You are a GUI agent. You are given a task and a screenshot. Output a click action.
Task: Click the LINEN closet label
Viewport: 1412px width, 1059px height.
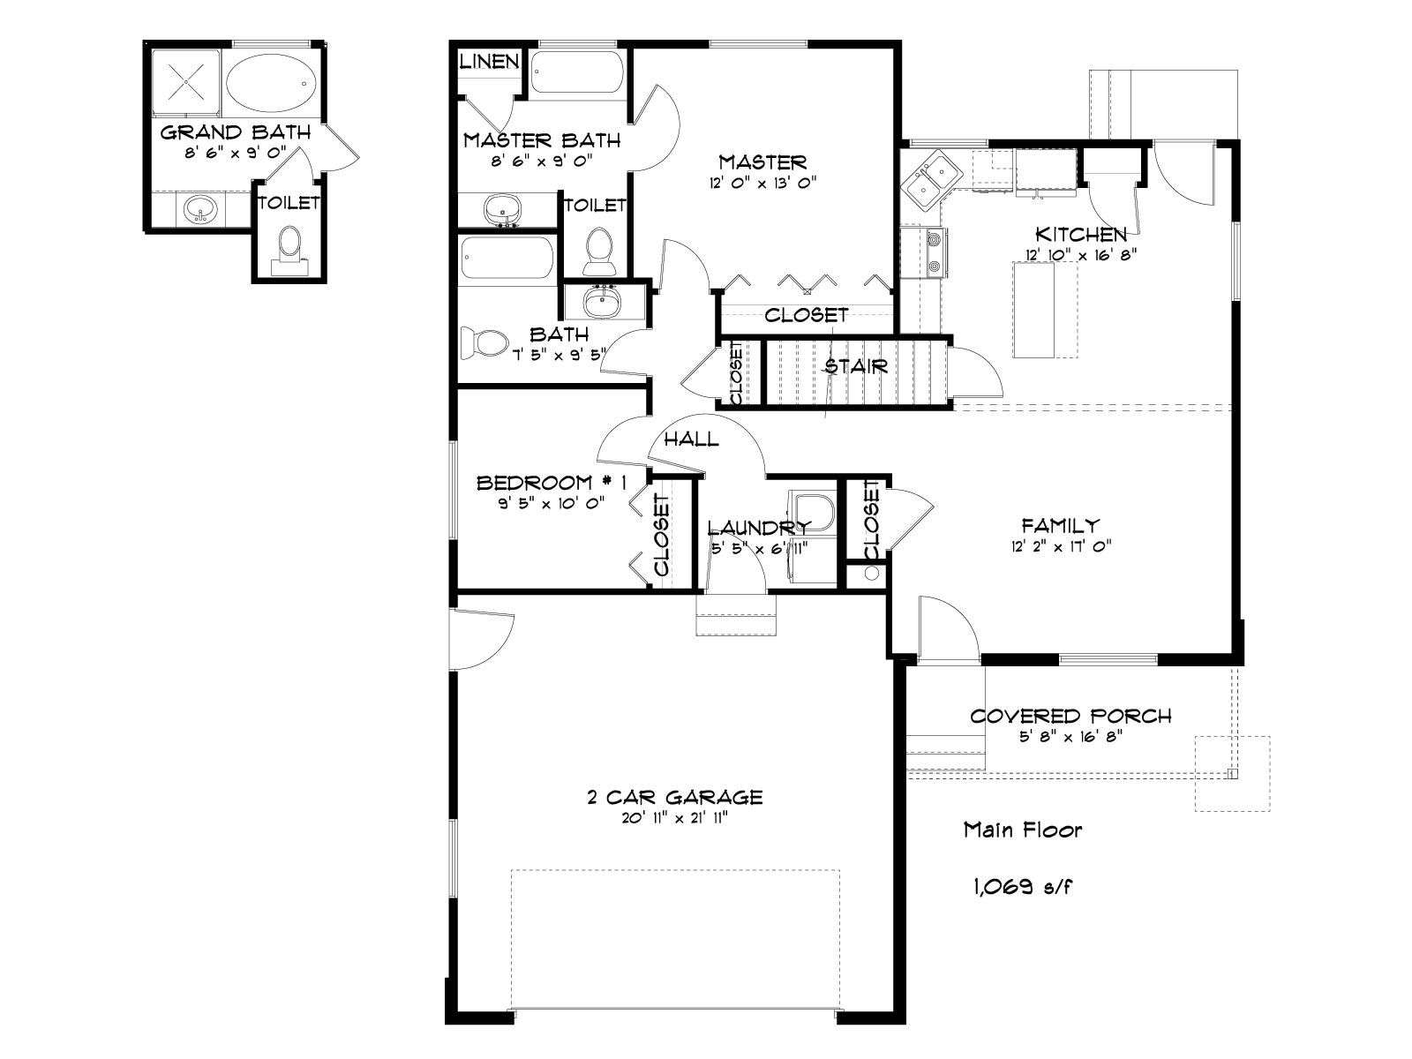pos(490,61)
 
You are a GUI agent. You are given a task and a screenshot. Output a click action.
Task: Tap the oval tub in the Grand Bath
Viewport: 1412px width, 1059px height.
pos(272,83)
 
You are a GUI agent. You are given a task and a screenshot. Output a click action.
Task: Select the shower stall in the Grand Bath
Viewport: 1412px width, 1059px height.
pos(186,82)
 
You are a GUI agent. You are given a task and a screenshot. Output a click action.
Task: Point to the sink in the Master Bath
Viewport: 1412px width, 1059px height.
pos(502,208)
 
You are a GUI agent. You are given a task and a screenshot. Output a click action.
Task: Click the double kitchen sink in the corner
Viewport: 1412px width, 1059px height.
pos(931,181)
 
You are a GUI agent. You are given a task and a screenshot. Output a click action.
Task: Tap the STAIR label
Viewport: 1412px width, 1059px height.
pos(856,366)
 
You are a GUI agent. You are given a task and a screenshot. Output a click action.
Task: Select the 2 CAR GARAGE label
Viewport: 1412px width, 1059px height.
pos(675,797)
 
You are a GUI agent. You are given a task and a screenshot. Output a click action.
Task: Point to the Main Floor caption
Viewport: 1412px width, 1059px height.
pos(1023,830)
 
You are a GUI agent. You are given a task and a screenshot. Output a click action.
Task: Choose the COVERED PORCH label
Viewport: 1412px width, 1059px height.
pos(1070,717)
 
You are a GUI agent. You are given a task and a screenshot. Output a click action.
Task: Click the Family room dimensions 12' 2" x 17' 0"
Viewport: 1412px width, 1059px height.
pos(1061,546)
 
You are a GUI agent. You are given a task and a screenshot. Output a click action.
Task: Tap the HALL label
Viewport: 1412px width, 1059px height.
pos(692,439)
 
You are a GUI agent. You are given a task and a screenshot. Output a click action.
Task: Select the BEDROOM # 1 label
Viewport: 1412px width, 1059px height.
pos(551,482)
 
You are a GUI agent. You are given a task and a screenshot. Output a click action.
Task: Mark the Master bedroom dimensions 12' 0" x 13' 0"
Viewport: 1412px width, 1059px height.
pos(763,183)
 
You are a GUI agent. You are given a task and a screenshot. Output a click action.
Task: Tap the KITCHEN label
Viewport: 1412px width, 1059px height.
pos(1081,234)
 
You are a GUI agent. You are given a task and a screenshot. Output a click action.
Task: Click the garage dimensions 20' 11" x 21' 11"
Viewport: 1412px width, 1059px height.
pos(675,819)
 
